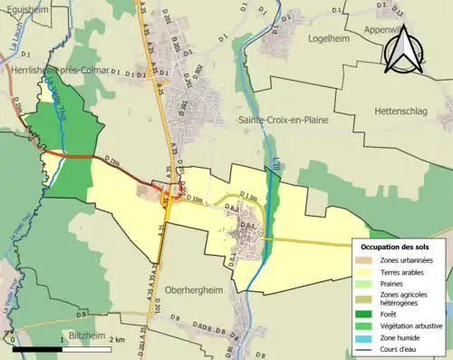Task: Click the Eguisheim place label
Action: tap(24, 7)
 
